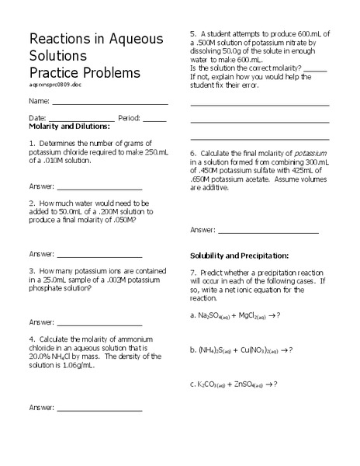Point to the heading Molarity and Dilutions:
click(69, 126)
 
